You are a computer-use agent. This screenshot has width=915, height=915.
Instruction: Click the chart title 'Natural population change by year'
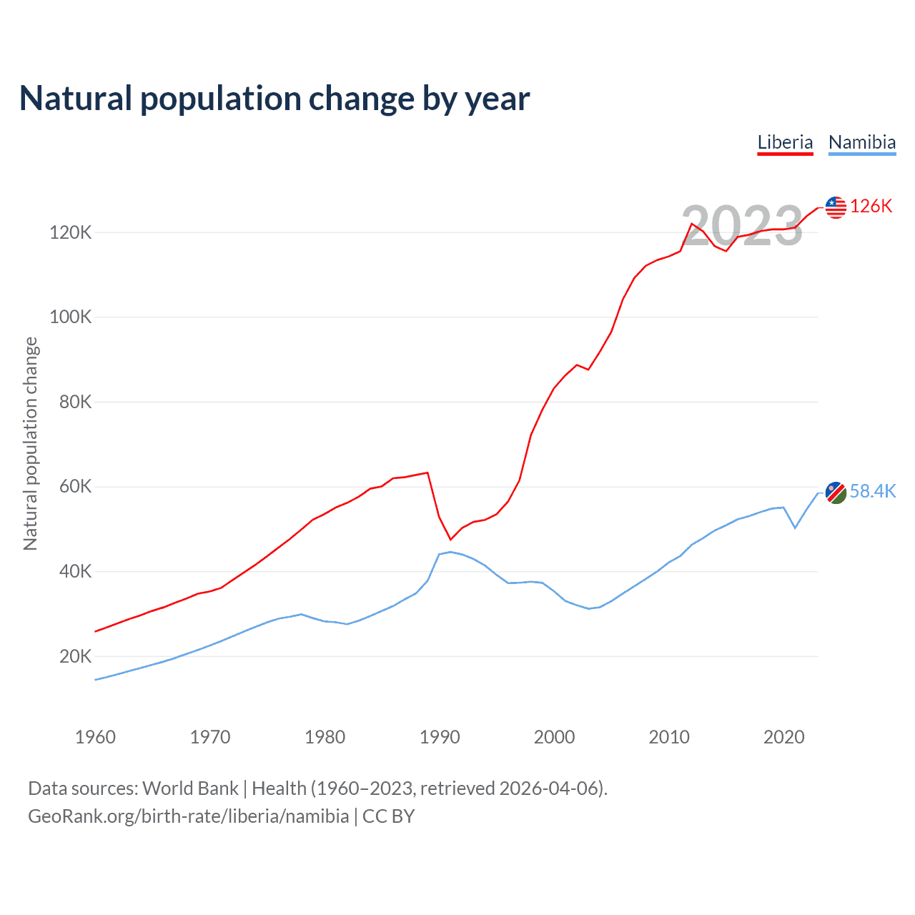[274, 99]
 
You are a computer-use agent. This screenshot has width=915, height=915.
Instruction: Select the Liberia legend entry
[785, 142]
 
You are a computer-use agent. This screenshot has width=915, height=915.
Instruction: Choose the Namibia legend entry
[862, 142]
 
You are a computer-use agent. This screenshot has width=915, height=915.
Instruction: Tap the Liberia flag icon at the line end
[836, 207]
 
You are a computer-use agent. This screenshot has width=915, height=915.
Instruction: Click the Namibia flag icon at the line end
[836, 492]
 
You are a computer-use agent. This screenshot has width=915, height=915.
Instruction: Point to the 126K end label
[871, 207]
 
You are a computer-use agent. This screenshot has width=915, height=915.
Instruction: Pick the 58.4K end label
[873, 491]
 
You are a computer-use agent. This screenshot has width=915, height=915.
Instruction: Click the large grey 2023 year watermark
[742, 226]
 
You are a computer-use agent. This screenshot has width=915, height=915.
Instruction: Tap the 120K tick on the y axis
[70, 232]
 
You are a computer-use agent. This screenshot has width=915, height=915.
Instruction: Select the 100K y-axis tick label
[70, 317]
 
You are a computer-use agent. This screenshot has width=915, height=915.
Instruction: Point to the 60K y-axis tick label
[75, 487]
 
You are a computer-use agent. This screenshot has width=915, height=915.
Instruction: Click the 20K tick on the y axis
[75, 656]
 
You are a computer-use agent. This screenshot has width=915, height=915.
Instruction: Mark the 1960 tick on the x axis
[95, 737]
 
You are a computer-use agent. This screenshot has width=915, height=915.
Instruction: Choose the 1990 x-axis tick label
[440, 737]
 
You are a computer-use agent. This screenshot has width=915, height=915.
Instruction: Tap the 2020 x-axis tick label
[784, 737]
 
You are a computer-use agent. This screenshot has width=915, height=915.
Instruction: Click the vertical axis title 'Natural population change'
[30, 444]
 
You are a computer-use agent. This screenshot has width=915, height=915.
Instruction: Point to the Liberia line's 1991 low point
[450, 539]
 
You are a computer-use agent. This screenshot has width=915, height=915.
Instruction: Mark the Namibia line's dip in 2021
[795, 528]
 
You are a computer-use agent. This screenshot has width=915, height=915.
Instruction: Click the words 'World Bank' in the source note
[190, 788]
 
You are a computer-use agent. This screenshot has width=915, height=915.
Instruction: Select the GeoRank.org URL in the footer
[189, 816]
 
